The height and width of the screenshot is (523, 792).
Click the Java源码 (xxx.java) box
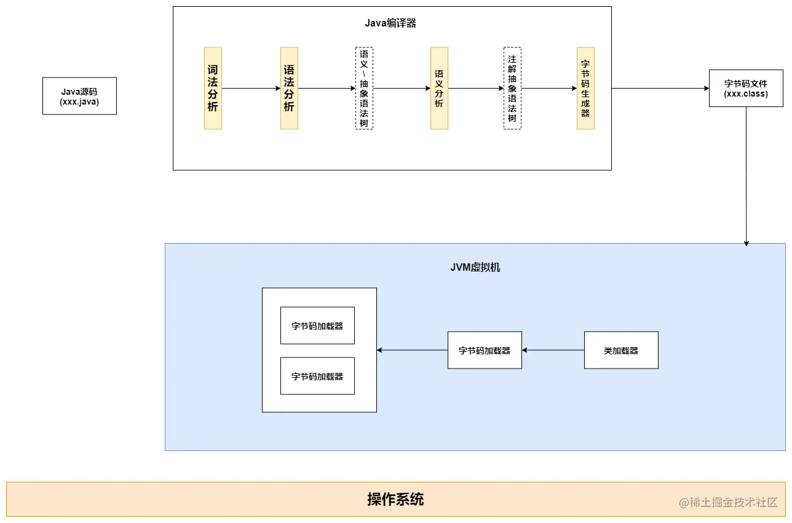pos(79,96)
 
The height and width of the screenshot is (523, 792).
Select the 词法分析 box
pos(213,88)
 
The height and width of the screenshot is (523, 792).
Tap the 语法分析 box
pos(289,88)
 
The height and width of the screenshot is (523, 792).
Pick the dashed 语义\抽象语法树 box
pos(364,88)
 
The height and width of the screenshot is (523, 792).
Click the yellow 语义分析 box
pos(439,88)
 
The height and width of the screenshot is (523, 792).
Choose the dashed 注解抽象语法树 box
pos(512,88)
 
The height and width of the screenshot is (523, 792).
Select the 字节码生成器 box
pos(585,88)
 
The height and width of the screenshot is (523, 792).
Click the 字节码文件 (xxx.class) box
pos(746,89)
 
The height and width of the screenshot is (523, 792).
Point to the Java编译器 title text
pos(390,23)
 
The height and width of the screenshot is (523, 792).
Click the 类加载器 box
pos(621,350)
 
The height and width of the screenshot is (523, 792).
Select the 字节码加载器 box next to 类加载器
pos(485,350)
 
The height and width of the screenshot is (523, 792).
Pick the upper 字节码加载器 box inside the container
pos(317,325)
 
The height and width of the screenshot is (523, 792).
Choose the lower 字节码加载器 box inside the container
pos(317,376)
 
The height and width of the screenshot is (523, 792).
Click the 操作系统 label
pos(395,499)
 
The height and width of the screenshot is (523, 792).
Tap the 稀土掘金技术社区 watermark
pos(729,502)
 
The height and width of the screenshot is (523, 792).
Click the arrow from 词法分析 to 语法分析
pos(251,88)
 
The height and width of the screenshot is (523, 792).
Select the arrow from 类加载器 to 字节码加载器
pos(553,350)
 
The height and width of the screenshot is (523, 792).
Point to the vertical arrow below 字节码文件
pos(746,175)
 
